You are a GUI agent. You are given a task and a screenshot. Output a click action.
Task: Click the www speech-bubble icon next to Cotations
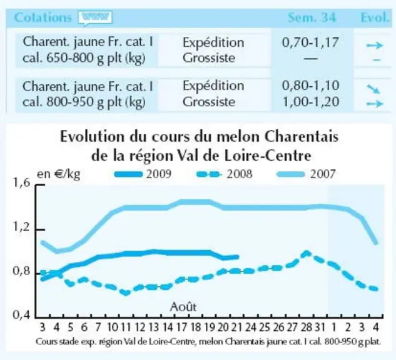pos(95,18)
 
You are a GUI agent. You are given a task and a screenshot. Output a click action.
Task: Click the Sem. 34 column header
pos(312,17)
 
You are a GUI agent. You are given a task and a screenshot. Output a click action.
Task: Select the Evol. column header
pos(375,17)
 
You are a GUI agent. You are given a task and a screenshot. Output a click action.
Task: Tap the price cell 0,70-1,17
pos(310,42)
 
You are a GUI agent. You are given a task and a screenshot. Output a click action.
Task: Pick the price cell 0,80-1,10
pos(310,86)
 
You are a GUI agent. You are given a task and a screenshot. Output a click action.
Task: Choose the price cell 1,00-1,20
pos(311,102)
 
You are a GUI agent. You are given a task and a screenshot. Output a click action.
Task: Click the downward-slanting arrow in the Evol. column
pos(373,89)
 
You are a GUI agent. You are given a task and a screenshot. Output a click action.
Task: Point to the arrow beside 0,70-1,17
pos(375,46)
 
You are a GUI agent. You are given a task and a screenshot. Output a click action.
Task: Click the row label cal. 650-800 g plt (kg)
pos(84,59)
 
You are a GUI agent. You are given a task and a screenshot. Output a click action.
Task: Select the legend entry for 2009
pos(143,174)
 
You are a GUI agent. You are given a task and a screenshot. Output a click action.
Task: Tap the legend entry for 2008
pos(224,174)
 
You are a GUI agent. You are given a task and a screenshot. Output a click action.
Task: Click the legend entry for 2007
pos(307,174)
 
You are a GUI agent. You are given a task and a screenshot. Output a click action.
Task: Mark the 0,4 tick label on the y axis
pos(21,314)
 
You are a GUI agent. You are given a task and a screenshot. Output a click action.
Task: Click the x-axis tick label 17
pos(181,327)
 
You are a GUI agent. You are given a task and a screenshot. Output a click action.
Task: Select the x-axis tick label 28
pos(306,327)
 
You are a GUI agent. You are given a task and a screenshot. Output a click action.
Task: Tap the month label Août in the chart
pos(183,307)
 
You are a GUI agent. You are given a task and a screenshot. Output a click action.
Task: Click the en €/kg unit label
pos(59,174)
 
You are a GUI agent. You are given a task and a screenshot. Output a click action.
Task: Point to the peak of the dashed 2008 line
pos(307,252)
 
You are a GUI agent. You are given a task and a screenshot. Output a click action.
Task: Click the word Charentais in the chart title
pos(302,137)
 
